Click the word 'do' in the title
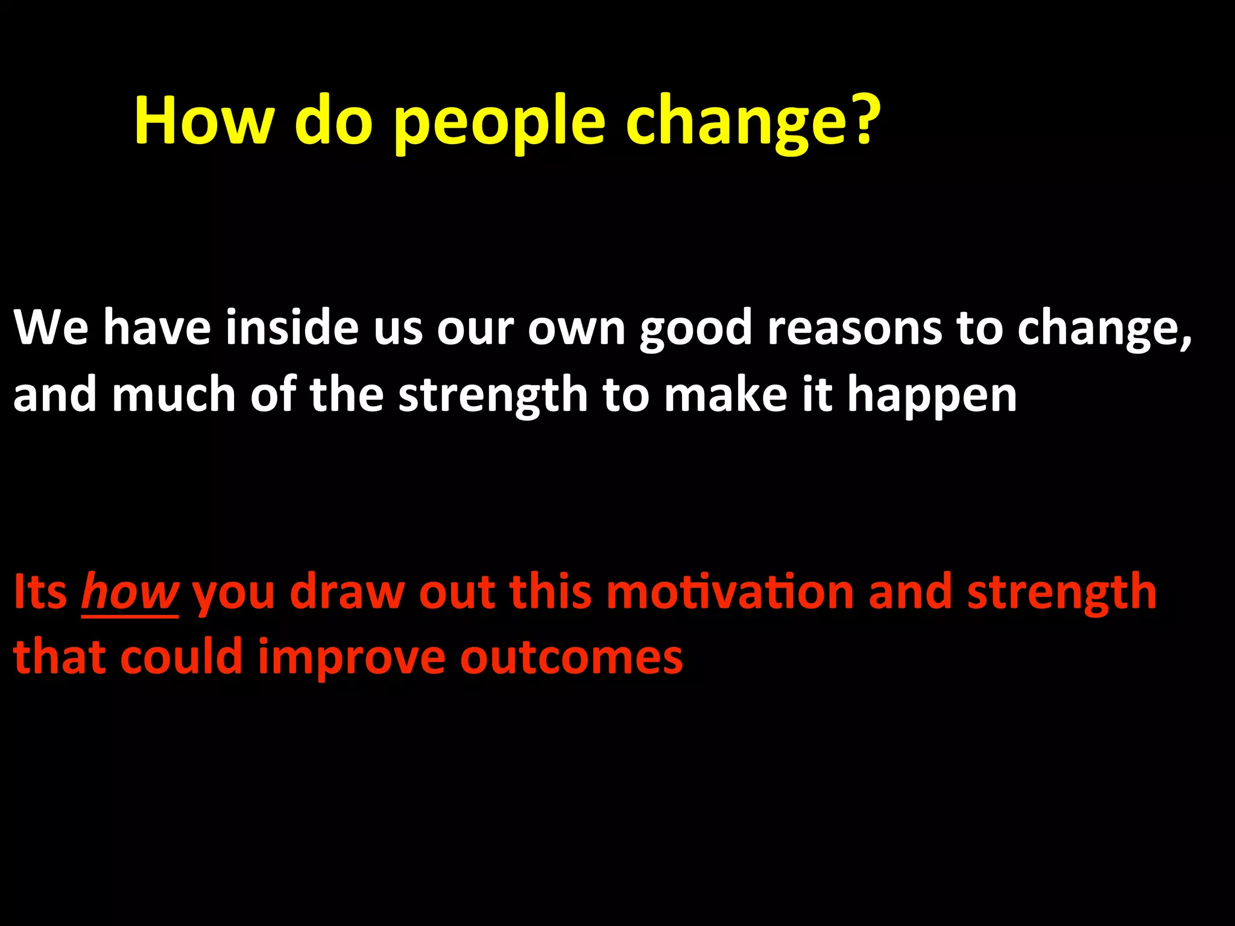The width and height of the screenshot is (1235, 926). coord(333,121)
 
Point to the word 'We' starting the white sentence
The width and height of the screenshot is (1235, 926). coord(51,329)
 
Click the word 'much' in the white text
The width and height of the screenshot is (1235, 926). coord(174,395)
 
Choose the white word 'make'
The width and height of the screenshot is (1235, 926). coord(725,395)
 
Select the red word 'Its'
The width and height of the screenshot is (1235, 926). coord(40,592)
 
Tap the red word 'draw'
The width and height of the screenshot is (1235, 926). coord(347,592)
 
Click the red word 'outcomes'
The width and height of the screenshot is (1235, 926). coord(571,657)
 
